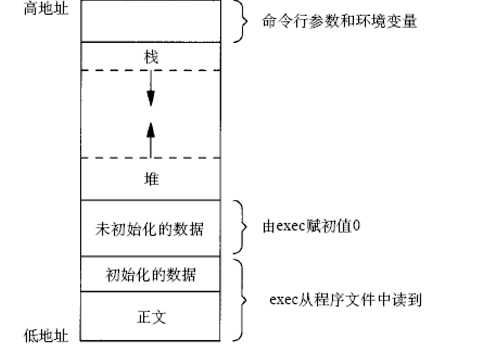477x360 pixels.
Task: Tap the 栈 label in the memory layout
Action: [x=151, y=57]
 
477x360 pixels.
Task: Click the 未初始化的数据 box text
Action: [x=151, y=229]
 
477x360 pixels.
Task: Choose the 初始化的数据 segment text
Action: [x=151, y=273]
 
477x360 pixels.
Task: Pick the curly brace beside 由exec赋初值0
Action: [x=241, y=227]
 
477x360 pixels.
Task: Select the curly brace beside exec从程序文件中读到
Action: [x=241, y=299]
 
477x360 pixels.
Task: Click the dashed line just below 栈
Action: [x=151, y=70]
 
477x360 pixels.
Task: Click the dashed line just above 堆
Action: [x=151, y=158]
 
